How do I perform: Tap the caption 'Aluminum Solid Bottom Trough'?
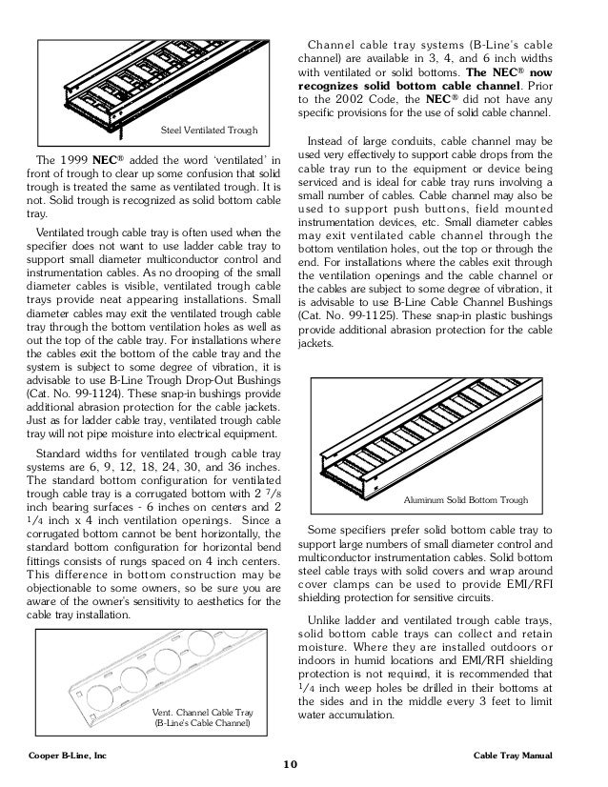pos(466,499)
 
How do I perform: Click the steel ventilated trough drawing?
pos(152,86)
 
